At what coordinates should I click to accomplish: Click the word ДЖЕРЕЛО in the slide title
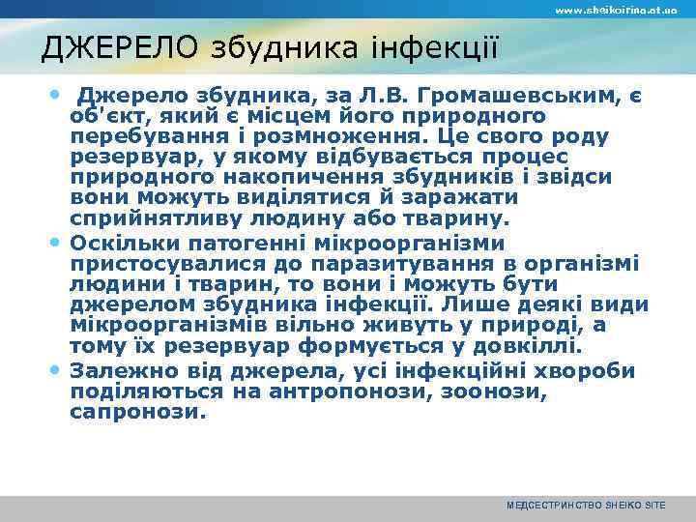point(105,47)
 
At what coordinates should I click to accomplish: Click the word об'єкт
point(103,116)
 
